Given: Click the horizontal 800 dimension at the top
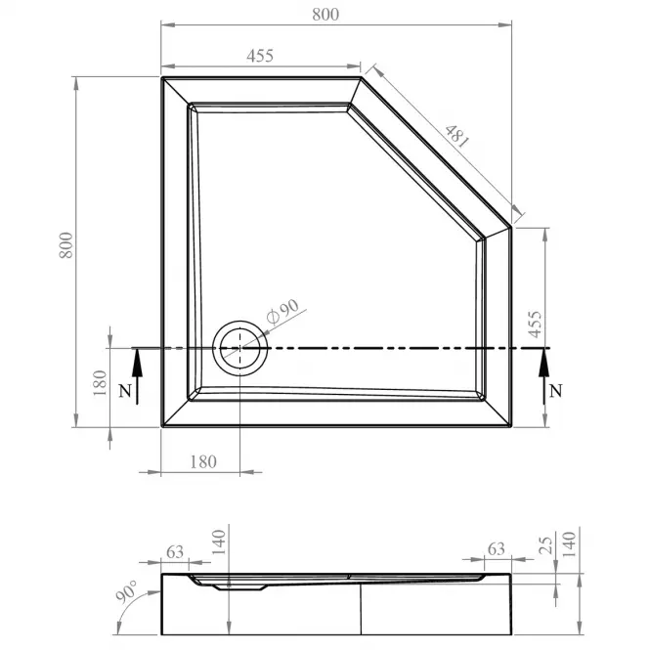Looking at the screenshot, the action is coord(325,15).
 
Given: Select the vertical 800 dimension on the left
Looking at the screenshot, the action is coord(65,245).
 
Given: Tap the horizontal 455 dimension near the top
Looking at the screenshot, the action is coord(260,56).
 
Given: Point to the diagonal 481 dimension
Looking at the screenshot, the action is coord(456,137).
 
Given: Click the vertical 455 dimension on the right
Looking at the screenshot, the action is coord(536,325).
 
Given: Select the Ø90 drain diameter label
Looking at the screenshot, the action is coord(282,312).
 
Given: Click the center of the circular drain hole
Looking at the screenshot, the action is coord(240,348).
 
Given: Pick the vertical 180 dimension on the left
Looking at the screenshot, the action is coord(100,382).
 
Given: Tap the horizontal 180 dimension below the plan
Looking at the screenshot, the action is coord(203,461).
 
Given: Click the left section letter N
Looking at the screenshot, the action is coord(125,391).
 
